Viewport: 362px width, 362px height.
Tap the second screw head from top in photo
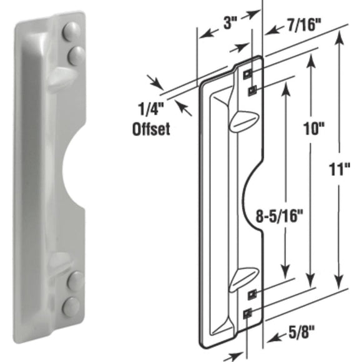click(75, 54)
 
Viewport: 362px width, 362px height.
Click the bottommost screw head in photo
click(72, 305)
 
